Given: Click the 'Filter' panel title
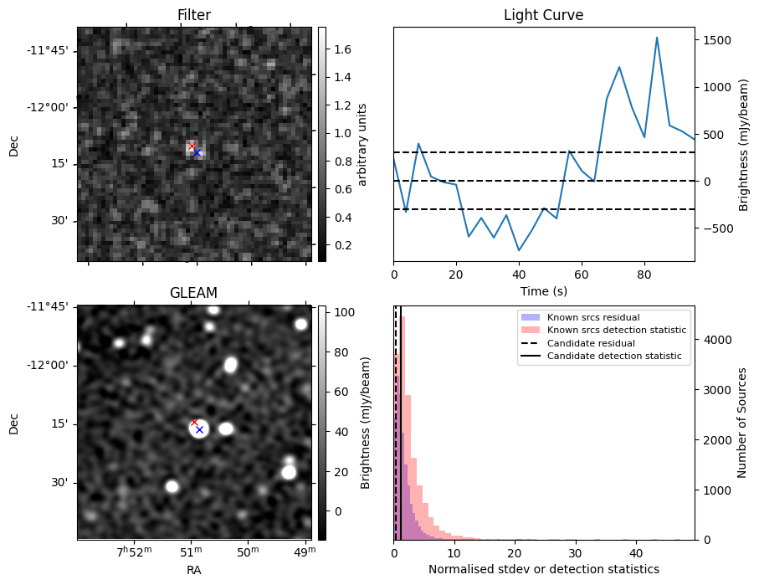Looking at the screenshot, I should [194, 15].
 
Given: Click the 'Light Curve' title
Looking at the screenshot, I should [543, 15].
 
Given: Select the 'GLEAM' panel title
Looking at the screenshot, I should [194, 293].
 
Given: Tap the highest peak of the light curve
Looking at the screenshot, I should [657, 38].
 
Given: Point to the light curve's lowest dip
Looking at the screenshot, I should [519, 250].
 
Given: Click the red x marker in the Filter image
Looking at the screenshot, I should [192, 146].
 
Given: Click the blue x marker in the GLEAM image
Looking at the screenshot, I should [199, 429].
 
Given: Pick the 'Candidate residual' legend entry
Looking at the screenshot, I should [591, 343].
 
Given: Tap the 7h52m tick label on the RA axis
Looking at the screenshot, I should [134, 551].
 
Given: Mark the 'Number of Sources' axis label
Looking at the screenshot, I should [743, 423].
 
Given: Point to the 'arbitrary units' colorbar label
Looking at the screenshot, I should [362, 144].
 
